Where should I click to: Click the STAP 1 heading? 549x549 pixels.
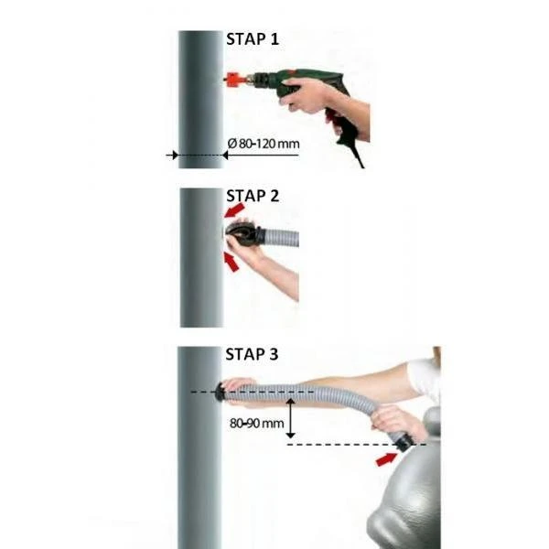coord(252,39)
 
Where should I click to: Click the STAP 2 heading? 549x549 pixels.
coord(252,195)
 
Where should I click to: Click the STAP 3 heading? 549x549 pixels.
coord(252,353)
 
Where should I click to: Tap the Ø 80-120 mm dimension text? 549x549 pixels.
coord(262,144)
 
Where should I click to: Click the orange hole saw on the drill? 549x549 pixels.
coord(237,82)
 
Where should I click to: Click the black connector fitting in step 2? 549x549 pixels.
coord(241,237)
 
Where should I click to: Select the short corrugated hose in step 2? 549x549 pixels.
coord(279,239)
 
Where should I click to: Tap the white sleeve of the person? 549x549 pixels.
coord(425,377)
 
